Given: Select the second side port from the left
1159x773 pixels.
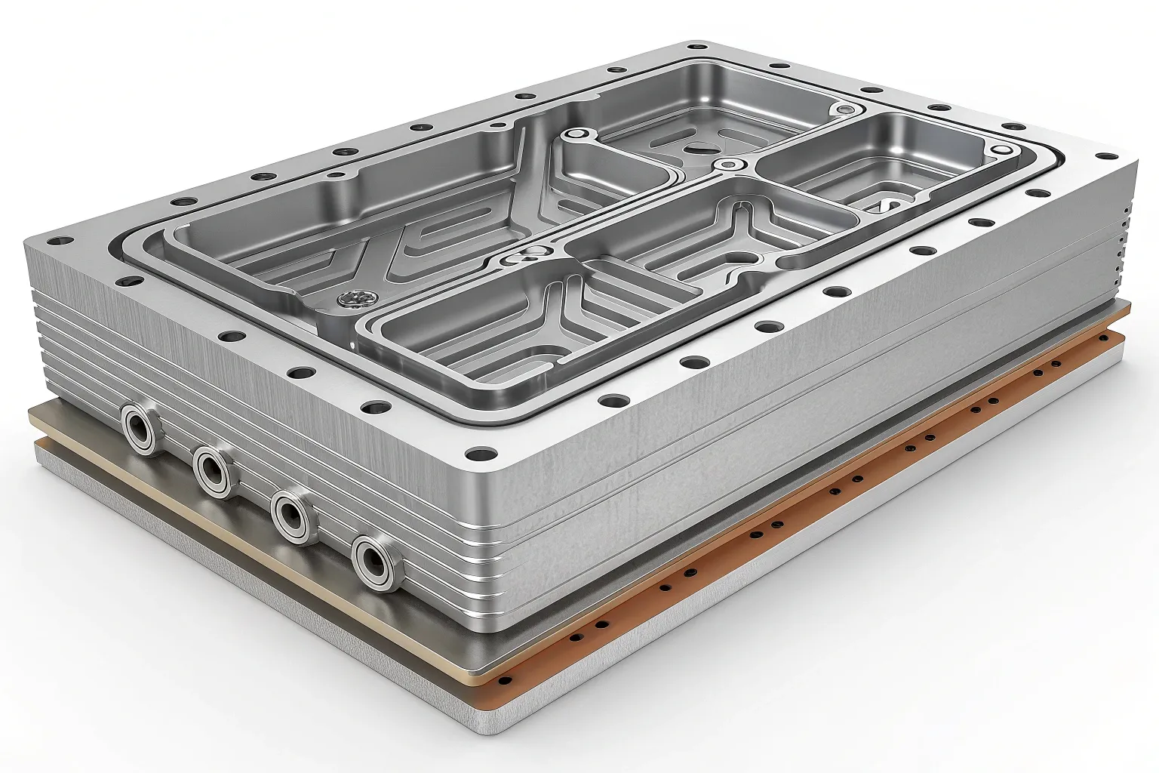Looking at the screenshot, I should click(213, 471).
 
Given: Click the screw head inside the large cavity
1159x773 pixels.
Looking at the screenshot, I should click(352, 300).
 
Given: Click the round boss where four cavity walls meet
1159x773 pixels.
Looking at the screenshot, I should click(728, 165).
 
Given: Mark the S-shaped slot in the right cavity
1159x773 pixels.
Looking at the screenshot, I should click(885, 205).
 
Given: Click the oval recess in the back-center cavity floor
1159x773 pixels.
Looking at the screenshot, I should click(694, 147).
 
